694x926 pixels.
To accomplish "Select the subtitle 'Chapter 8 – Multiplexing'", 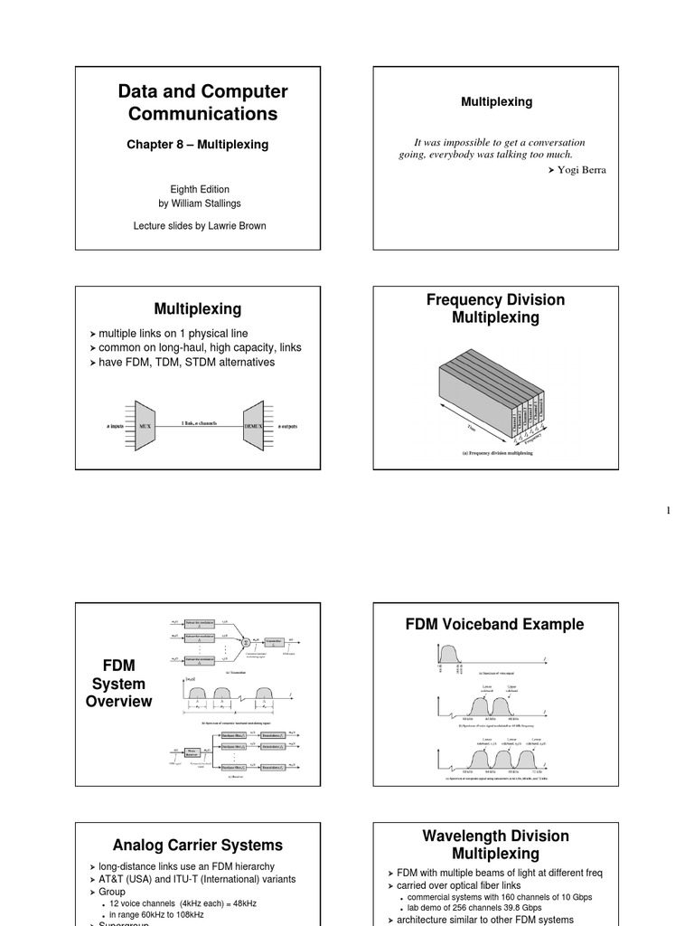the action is pos(197,145).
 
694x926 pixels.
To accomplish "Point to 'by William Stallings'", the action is pos(200,203).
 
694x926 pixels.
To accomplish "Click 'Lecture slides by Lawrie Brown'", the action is pos(200,225).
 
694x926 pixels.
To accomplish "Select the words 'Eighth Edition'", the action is pos(200,190).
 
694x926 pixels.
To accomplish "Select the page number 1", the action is pos(669,512).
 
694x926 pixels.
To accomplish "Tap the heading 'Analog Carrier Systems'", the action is pos(197,846).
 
